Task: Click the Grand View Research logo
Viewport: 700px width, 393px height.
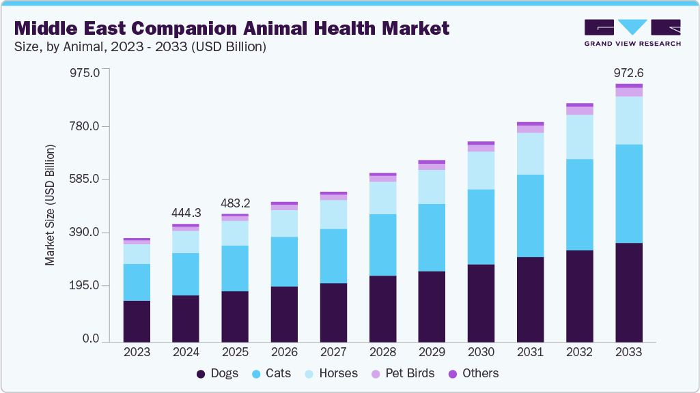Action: click(632, 32)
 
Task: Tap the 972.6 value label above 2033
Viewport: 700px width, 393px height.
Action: click(629, 73)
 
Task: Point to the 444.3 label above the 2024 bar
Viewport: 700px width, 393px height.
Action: click(186, 213)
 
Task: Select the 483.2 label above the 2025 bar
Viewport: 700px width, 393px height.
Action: click(235, 203)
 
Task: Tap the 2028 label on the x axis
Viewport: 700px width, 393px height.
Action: click(382, 353)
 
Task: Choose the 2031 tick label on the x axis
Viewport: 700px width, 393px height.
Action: click(530, 353)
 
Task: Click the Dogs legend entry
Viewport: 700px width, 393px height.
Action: click(217, 373)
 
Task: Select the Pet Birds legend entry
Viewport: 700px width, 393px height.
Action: click(408, 373)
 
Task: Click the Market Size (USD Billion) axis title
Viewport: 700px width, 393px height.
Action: click(50, 205)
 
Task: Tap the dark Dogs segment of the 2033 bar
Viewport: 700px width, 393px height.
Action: click(629, 292)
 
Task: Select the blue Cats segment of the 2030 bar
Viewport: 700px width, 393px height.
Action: click(481, 227)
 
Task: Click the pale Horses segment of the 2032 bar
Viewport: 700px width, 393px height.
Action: click(580, 136)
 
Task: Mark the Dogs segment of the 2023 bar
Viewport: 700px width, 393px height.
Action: click(137, 321)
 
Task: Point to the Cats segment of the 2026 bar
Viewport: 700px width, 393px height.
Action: click(284, 261)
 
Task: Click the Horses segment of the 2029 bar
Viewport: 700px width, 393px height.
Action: click(432, 186)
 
